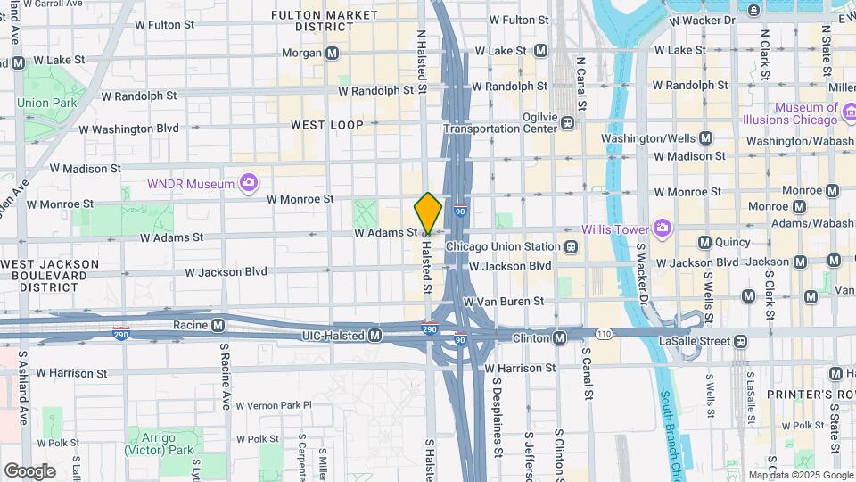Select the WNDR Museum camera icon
[248, 184]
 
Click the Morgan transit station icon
[332, 54]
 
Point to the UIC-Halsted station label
[329, 335]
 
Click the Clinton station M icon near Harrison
[559, 338]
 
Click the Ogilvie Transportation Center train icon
[567, 125]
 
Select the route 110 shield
[605, 333]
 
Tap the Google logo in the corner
[29, 470]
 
